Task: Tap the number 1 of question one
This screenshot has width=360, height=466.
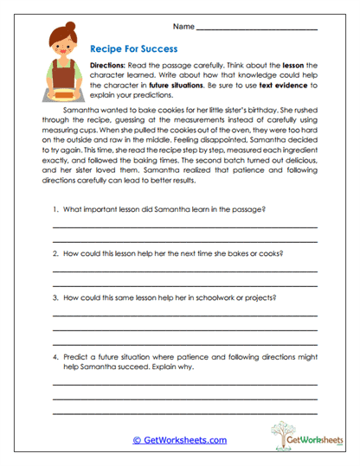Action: tap(55, 210)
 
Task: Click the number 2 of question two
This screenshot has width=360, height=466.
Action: tap(55, 253)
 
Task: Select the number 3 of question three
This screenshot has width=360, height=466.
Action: tap(55, 297)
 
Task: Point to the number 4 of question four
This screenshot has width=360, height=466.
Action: tap(55, 355)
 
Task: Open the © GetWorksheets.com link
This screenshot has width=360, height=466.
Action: tap(179, 439)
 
